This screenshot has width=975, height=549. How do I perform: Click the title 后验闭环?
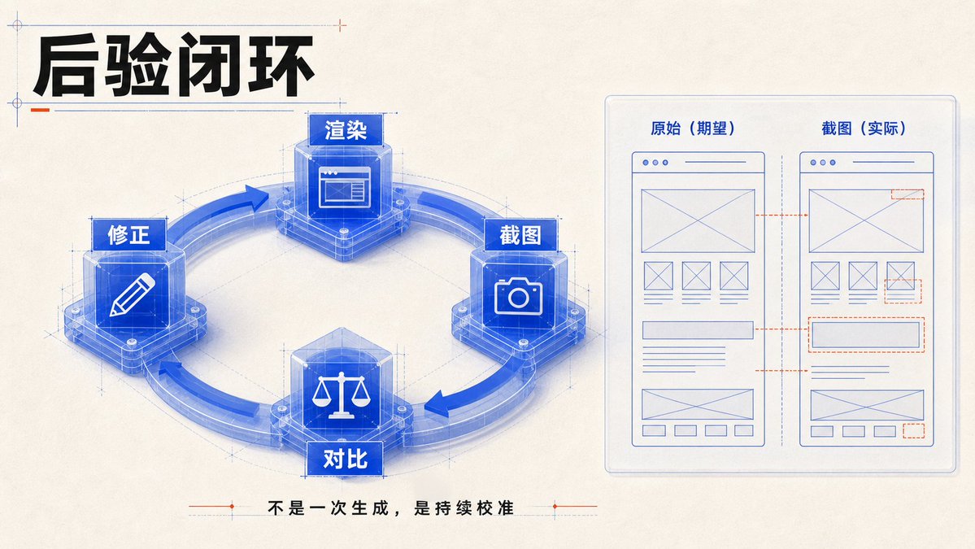click(x=173, y=67)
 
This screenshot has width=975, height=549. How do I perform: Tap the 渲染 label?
click(x=346, y=130)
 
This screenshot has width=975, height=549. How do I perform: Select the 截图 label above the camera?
click(x=520, y=235)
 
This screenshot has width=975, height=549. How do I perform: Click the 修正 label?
click(x=128, y=234)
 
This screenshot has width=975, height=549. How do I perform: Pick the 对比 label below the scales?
click(x=345, y=459)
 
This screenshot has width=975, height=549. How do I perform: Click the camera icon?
click(x=519, y=296)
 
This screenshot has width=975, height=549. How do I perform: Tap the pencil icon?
click(x=132, y=294)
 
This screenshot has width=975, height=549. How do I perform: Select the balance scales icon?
click(x=341, y=394)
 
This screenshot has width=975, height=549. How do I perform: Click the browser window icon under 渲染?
click(x=345, y=186)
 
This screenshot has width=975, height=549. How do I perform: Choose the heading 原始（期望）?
click(x=693, y=128)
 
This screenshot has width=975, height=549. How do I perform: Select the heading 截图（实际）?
click(x=864, y=128)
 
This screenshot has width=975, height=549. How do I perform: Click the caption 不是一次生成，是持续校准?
click(x=390, y=508)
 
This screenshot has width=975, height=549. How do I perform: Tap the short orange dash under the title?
click(x=40, y=110)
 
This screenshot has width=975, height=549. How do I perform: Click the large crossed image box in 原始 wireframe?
click(x=698, y=220)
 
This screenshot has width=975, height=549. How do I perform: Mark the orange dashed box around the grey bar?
click(x=866, y=334)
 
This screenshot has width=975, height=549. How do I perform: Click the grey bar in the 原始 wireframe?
click(x=698, y=329)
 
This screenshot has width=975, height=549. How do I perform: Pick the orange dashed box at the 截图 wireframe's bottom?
click(x=913, y=430)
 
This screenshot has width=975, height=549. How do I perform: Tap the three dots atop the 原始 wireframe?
click(x=655, y=163)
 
